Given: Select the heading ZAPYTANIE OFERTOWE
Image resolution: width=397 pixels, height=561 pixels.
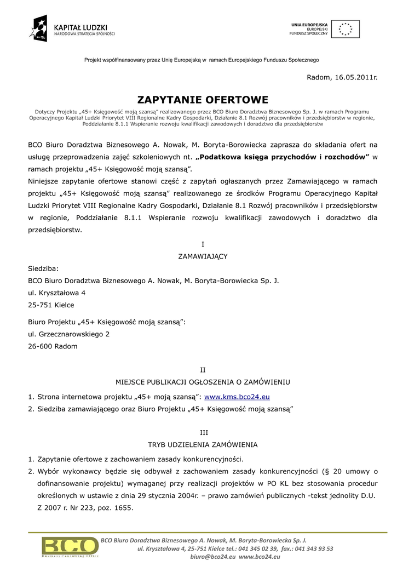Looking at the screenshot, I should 203,100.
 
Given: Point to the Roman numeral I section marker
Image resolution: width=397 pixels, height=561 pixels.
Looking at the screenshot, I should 203,244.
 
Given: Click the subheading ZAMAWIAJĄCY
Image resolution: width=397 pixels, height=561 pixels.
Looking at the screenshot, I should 203,256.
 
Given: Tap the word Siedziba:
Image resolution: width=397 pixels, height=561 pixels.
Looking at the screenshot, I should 43,268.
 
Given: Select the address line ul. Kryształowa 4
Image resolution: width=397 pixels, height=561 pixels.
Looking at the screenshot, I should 56,293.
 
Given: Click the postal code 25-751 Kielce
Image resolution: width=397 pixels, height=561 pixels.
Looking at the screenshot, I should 51,305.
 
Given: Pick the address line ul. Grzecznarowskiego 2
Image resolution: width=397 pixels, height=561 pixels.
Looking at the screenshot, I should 68,334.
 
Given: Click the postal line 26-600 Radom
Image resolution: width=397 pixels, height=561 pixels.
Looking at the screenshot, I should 53,346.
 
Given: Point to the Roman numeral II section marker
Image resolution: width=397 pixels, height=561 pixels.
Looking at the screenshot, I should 203,370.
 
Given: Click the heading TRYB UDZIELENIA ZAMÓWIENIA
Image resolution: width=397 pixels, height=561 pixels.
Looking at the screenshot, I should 203,444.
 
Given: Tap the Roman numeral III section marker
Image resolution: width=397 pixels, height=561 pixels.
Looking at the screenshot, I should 203,432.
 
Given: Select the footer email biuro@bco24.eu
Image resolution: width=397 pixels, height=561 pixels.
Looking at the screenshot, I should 211,556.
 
